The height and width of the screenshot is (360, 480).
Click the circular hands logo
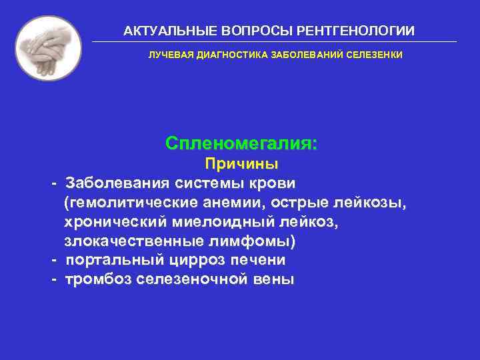point(48,48)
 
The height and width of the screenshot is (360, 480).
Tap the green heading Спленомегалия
point(241,143)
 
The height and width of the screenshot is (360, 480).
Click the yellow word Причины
point(241,164)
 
